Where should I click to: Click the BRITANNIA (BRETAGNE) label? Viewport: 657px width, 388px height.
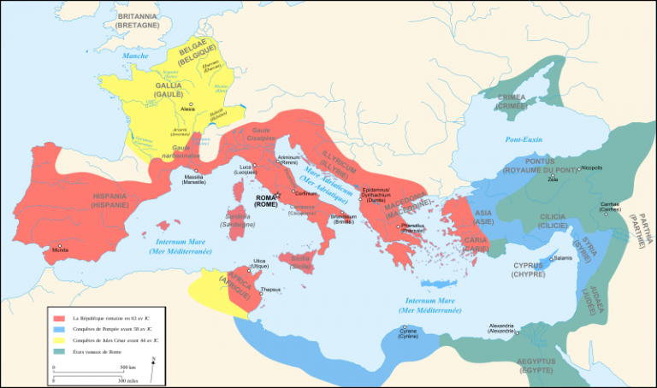click(139, 21)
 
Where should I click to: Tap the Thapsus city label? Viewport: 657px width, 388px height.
click(271, 290)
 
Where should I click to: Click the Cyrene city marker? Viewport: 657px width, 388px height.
click(403, 327)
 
